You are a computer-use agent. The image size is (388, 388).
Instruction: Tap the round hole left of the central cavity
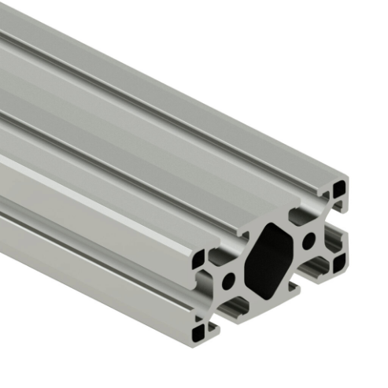point(229,279)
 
